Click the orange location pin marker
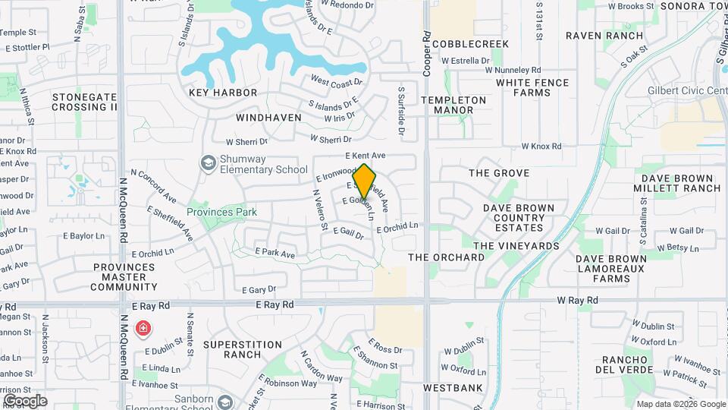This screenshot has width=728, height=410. click(364, 181)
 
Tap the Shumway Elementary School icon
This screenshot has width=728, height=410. click(207, 163)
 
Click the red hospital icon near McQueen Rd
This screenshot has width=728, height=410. click(143, 329)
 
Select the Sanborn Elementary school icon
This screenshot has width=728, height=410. click(224, 402)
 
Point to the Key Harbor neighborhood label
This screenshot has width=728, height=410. click(223, 93)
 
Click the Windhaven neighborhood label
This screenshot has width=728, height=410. click(268, 118)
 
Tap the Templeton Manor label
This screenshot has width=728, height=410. click(453, 105)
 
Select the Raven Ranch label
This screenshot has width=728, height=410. click(604, 36)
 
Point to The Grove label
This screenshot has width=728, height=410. click(499, 173)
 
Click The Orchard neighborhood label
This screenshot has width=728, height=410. click(447, 257)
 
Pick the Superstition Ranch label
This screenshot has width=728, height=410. click(243, 349)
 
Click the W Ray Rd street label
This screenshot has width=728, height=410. click(578, 301)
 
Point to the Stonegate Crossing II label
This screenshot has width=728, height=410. click(85, 102)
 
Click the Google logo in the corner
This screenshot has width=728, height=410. click(25, 400)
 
